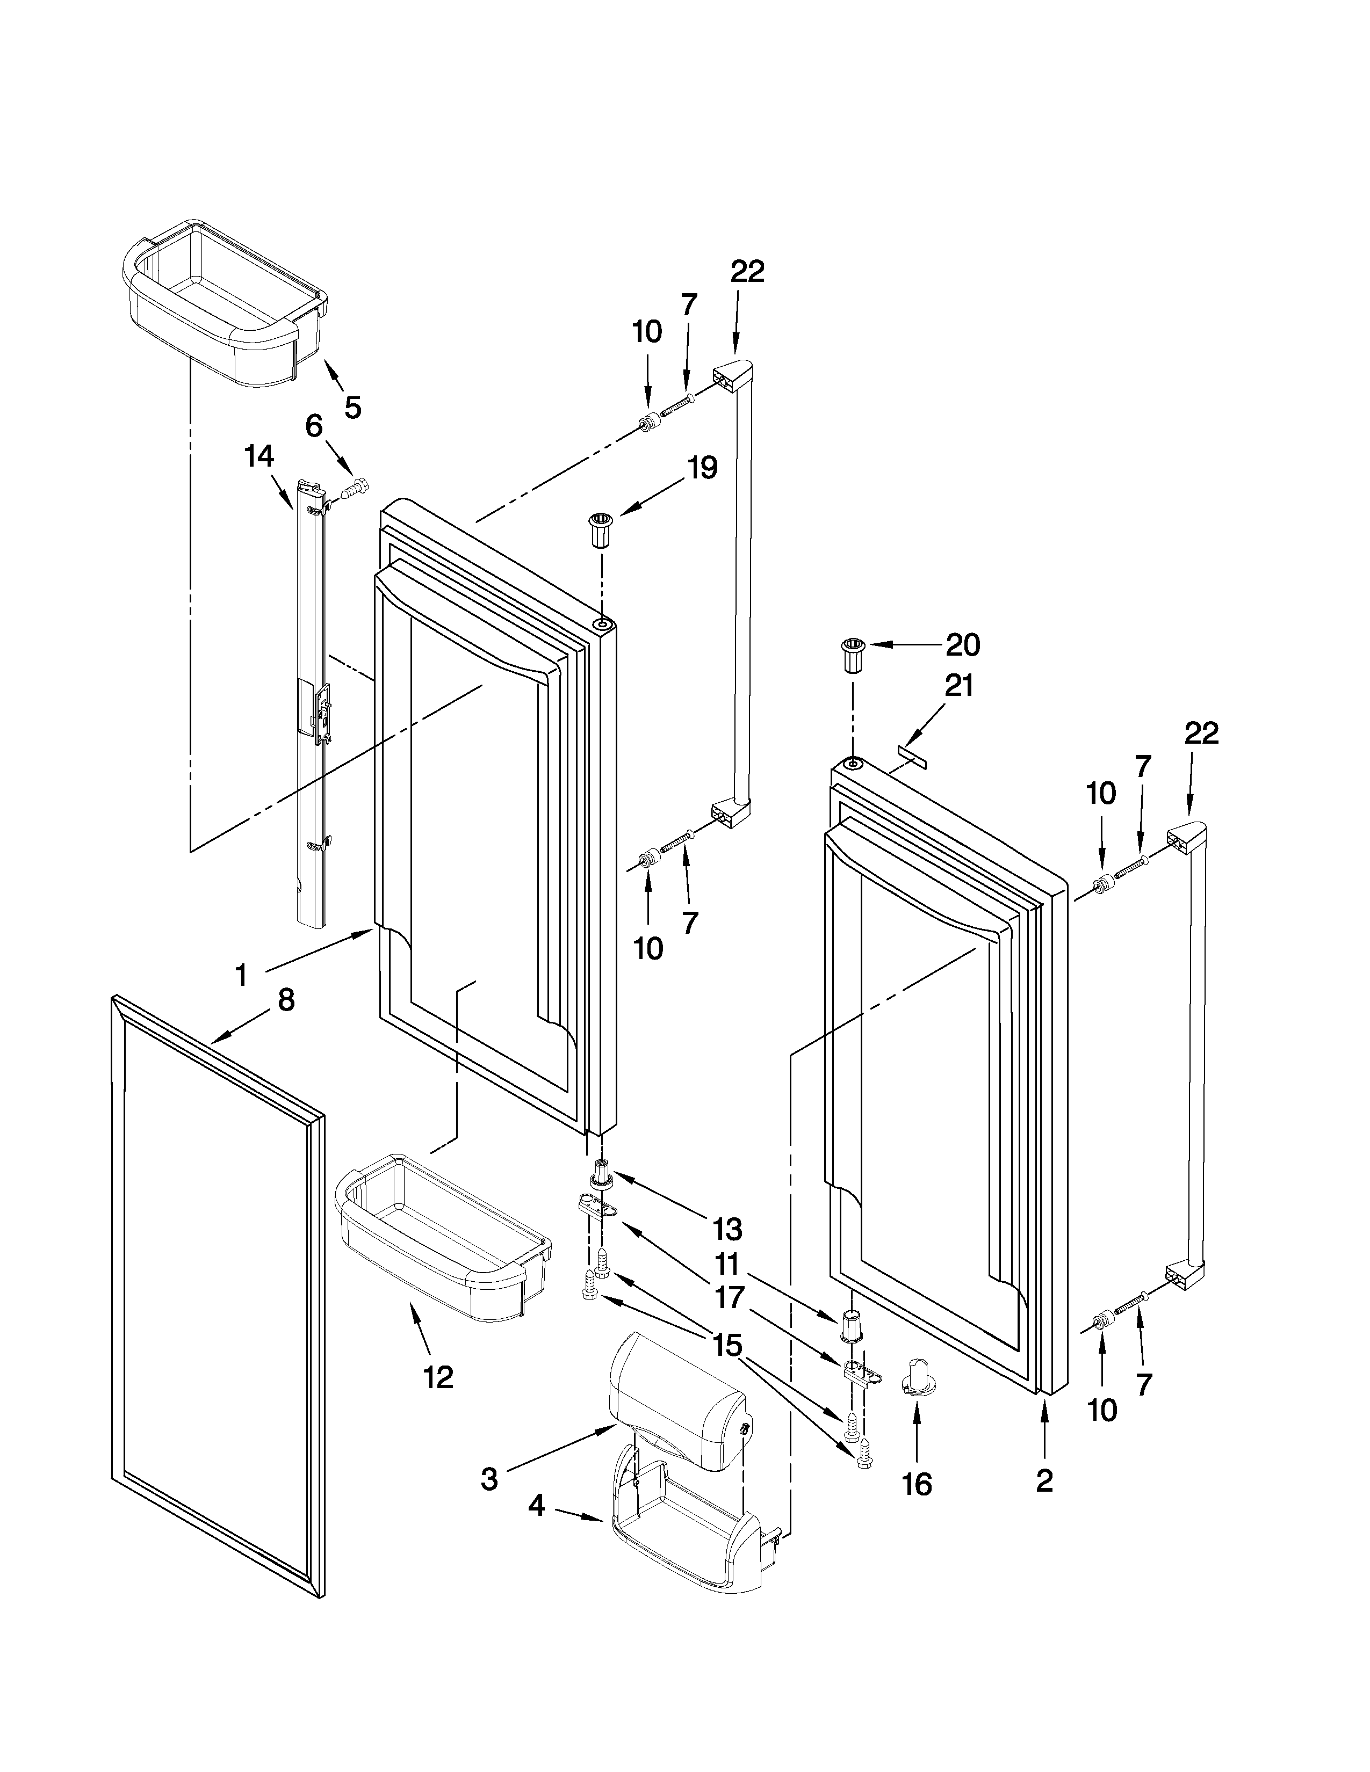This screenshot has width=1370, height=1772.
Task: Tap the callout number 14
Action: pos(259,457)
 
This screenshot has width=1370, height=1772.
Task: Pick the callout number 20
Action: pos(963,645)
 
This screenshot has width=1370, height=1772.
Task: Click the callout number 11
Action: pos(728,1263)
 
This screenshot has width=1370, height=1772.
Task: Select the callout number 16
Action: pos(917,1484)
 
